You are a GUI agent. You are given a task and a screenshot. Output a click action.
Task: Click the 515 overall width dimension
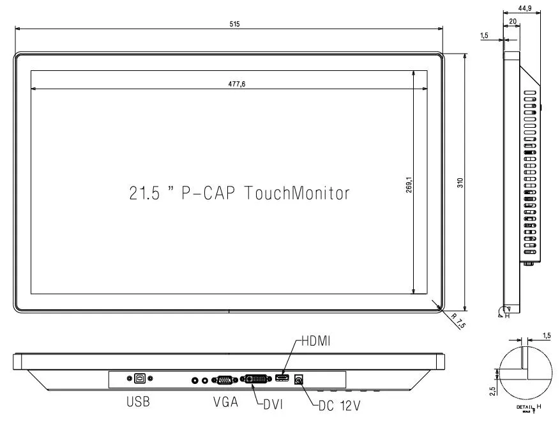(x=234, y=24)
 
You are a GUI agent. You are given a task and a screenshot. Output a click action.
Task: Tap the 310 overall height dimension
(x=458, y=182)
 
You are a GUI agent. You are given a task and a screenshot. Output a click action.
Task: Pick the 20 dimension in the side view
(x=513, y=21)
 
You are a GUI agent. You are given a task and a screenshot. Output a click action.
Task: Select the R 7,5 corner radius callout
(x=458, y=321)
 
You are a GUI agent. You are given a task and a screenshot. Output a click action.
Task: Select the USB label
(x=138, y=402)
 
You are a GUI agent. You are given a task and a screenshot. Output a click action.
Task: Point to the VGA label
(x=226, y=402)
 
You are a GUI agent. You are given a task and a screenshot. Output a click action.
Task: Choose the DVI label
(x=273, y=403)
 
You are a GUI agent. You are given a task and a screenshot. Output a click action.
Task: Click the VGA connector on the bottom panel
(x=224, y=380)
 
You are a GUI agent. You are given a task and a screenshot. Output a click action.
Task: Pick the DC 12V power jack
(x=298, y=379)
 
